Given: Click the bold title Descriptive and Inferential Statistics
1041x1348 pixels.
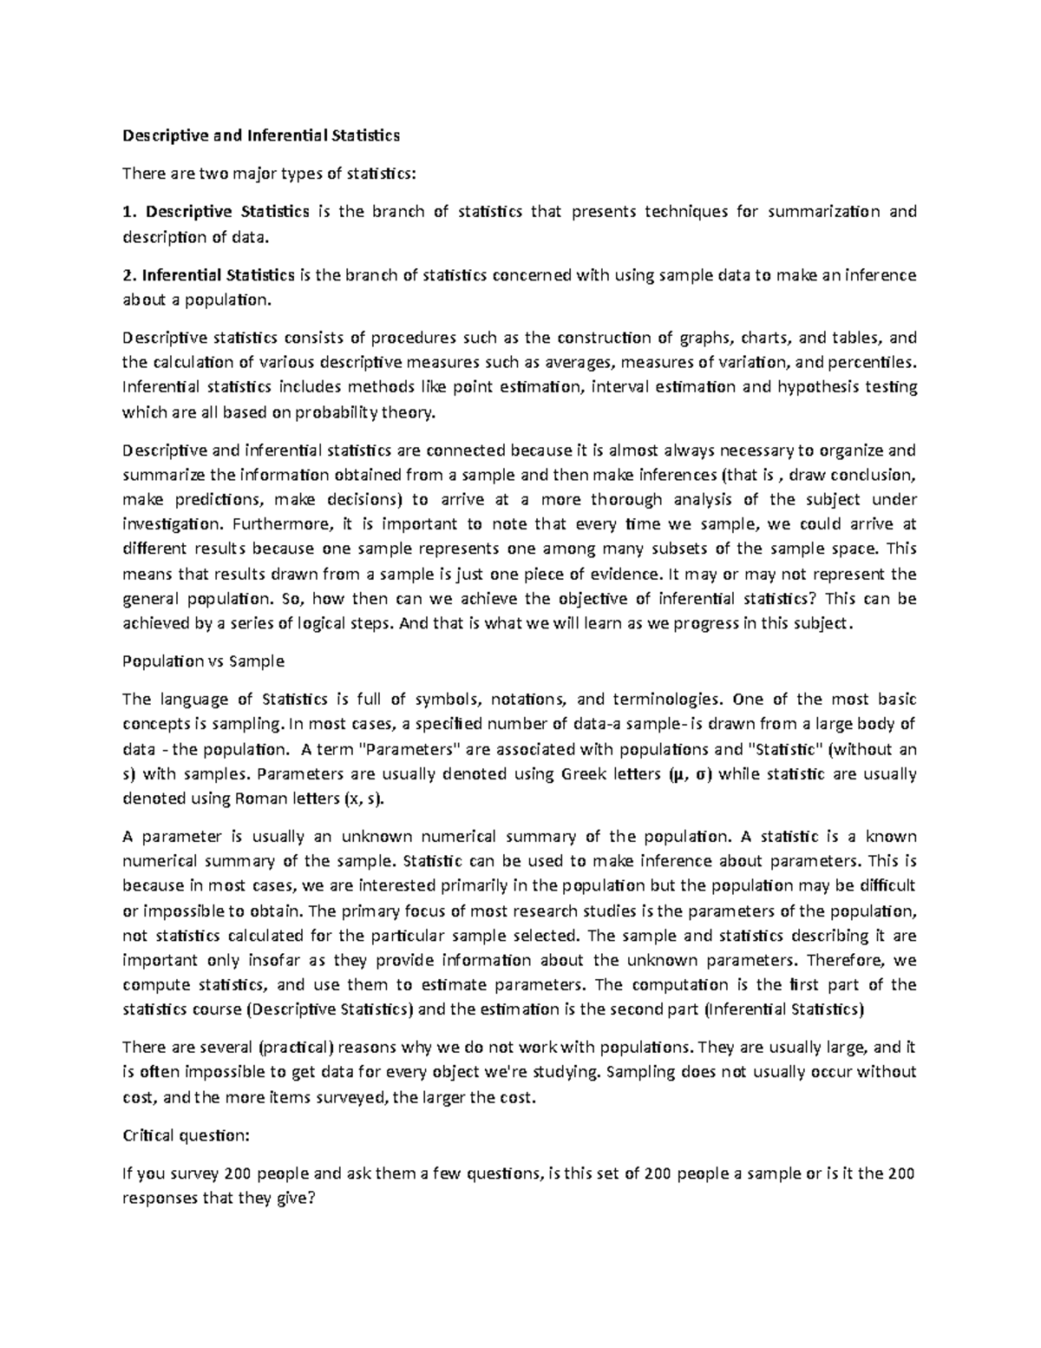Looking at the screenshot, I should point(261,136).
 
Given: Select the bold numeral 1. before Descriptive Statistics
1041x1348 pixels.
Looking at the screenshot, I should point(130,212).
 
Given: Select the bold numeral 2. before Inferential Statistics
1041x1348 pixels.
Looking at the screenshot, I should point(130,276).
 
